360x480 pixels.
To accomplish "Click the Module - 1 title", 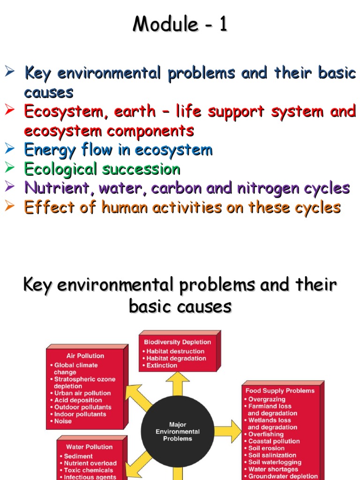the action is (x=180, y=24).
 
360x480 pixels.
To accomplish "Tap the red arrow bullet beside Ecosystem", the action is (x=9, y=110).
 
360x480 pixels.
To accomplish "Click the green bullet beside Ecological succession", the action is (x=9, y=167).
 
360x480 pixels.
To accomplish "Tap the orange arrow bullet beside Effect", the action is (x=9, y=206).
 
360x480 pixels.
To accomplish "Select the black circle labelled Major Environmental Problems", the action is (x=178, y=431).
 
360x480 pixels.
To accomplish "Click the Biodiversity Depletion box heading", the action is (x=178, y=342).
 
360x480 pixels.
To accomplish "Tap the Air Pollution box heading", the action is (x=85, y=356).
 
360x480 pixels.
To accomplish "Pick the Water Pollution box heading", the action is (x=90, y=447).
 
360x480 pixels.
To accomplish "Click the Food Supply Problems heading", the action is (x=280, y=390).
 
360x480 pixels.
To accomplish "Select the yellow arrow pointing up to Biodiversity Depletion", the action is (x=178, y=384).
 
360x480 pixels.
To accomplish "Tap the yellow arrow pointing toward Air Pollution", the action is (x=138, y=397).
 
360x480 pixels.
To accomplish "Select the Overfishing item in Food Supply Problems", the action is (x=264, y=435).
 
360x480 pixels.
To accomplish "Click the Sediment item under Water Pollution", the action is (x=76, y=456).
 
